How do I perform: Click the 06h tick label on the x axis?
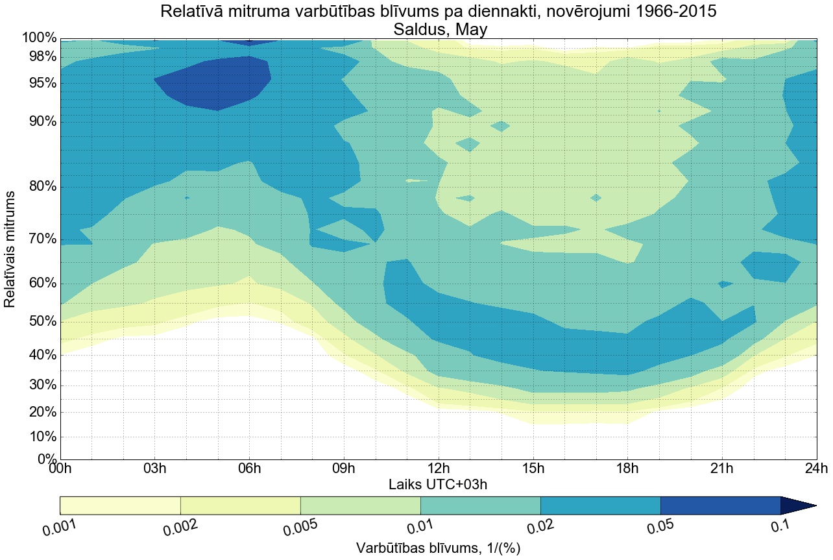(250, 469)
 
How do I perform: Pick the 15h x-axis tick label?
(533, 469)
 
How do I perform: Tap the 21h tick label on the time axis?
(722, 469)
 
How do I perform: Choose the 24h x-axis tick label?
(816, 469)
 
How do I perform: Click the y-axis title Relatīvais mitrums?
(10, 249)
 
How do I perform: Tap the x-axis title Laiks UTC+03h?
(438, 484)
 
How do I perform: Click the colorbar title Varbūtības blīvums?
(438, 548)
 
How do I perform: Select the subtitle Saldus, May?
(438, 29)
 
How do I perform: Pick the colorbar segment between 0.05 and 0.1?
(720, 505)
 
